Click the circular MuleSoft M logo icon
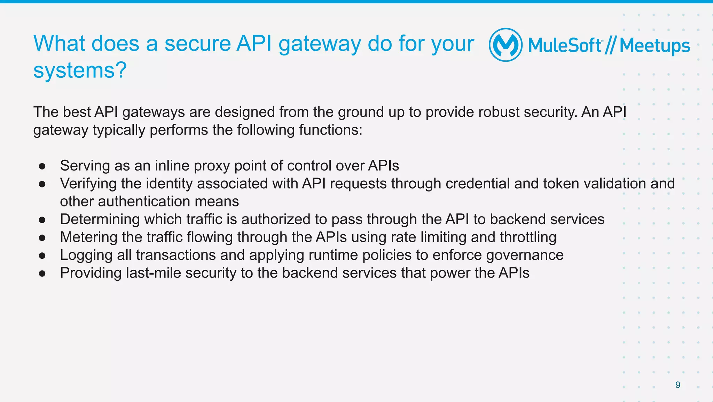(506, 45)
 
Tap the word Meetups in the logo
(655, 46)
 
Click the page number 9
(677, 385)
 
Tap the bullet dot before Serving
(42, 166)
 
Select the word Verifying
(88, 184)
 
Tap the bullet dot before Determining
(42, 220)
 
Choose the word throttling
(528, 237)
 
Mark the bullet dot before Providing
(42, 274)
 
